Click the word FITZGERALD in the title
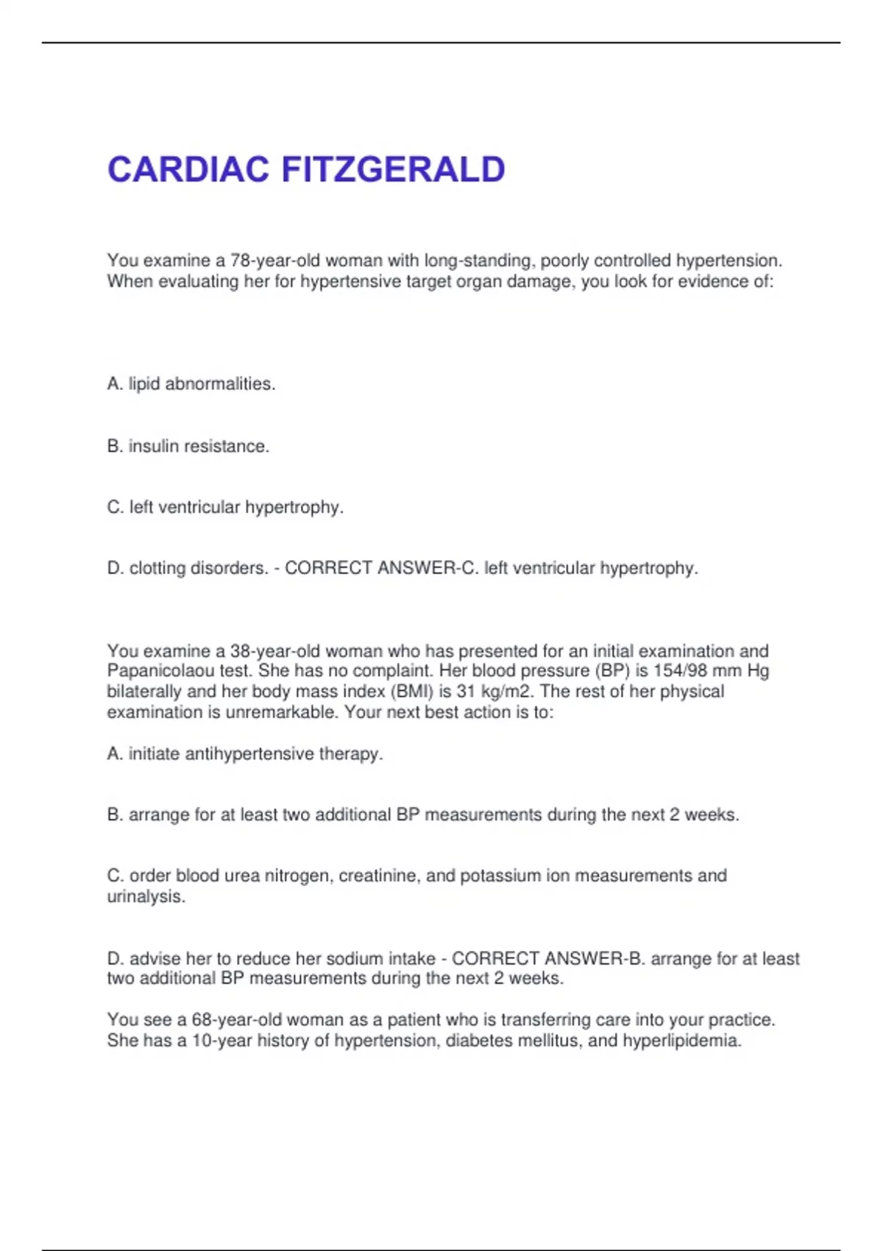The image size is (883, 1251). point(393,170)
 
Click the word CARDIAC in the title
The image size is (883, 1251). point(188,170)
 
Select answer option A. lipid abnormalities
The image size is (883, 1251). point(191,384)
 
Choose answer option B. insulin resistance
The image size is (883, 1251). point(188,446)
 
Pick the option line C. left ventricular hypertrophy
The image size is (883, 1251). point(225,507)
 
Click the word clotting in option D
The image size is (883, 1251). point(157,568)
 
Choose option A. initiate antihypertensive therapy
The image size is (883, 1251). point(245,754)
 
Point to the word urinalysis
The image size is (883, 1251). point(146,896)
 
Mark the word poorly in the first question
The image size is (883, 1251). point(564,261)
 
